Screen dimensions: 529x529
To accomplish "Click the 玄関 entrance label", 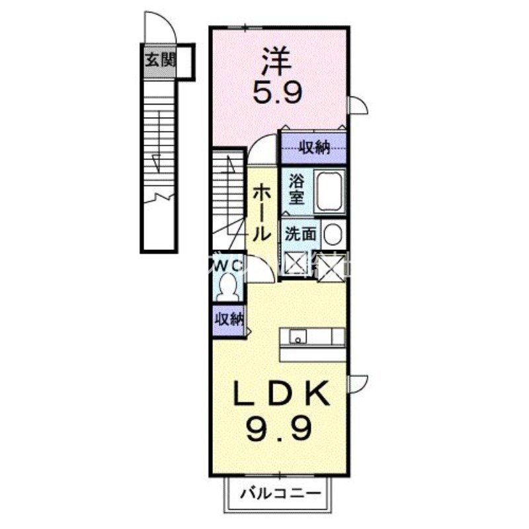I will coord(159,61).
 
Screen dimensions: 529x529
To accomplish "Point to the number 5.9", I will coord(278,91).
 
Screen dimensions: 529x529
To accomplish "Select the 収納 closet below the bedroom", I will coord(313,147).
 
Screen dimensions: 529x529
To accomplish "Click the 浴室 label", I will coord(295,188).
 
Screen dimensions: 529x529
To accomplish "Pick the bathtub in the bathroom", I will coord(329,190).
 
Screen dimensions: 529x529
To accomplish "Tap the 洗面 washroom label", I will coord(300,233).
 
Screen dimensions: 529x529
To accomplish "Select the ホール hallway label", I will coord(261,212).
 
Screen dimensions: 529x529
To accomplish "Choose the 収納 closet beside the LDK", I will coord(228,319).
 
